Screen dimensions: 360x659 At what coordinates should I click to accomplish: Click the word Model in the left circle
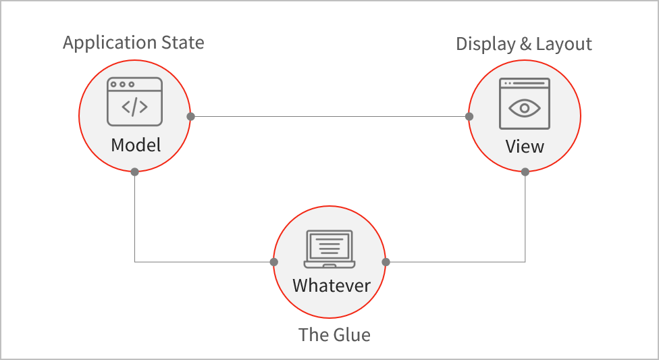pyautogui.click(x=136, y=145)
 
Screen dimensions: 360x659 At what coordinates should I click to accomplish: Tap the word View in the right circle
pyautogui.click(x=525, y=146)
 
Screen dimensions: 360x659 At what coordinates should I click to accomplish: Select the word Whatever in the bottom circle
pyautogui.click(x=331, y=285)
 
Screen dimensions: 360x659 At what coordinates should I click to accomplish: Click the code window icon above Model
pyautogui.click(x=135, y=101)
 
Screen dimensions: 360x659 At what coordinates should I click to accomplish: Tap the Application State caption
pyautogui.click(x=134, y=43)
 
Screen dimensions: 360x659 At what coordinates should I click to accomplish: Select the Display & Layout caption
pyautogui.click(x=524, y=45)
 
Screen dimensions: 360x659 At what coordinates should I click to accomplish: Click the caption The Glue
pyautogui.click(x=334, y=335)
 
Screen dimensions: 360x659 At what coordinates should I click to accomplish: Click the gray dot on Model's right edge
pyautogui.click(x=191, y=116)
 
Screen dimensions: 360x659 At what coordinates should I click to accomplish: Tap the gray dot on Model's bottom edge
pyautogui.click(x=135, y=172)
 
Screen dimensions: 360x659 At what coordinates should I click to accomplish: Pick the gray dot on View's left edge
pyautogui.click(x=469, y=116)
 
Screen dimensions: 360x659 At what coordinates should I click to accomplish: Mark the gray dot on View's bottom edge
pyautogui.click(x=525, y=172)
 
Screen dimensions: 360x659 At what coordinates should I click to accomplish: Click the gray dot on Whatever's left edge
pyautogui.click(x=273, y=261)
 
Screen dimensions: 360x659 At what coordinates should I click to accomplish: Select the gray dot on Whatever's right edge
pyautogui.click(x=386, y=261)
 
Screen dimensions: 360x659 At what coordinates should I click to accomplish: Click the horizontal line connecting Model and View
pyautogui.click(x=329, y=116)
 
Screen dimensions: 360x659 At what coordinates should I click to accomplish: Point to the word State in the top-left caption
pyautogui.click(x=182, y=43)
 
